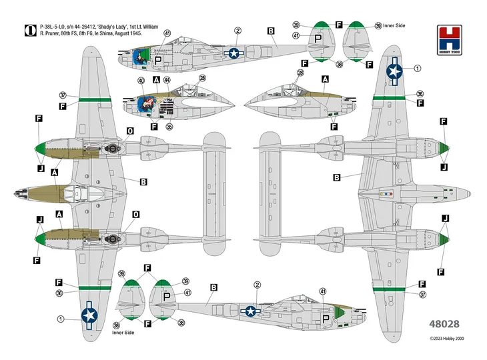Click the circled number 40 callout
(141, 81)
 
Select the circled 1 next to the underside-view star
(418, 68)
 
